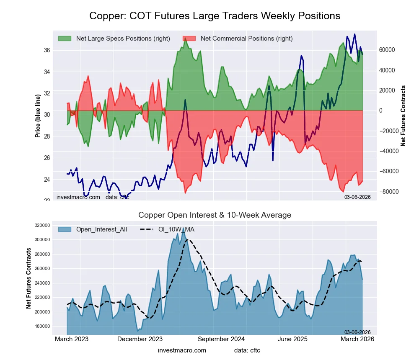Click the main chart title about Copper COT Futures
click(x=215, y=16)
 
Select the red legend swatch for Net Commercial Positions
click(x=189, y=39)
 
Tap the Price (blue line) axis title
click(x=38, y=116)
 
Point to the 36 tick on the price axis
click(x=47, y=50)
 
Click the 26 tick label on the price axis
click(x=47, y=158)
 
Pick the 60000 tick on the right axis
click(x=388, y=50)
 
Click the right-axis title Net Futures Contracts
click(x=403, y=116)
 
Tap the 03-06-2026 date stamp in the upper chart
click(x=357, y=197)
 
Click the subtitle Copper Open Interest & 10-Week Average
click(x=215, y=215)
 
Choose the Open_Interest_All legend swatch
click(x=65, y=229)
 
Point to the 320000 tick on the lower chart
click(x=42, y=225)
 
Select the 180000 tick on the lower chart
click(x=42, y=327)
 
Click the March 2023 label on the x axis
click(x=72, y=339)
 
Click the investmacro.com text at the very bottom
click(x=182, y=350)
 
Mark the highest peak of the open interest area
click(x=183, y=228)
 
